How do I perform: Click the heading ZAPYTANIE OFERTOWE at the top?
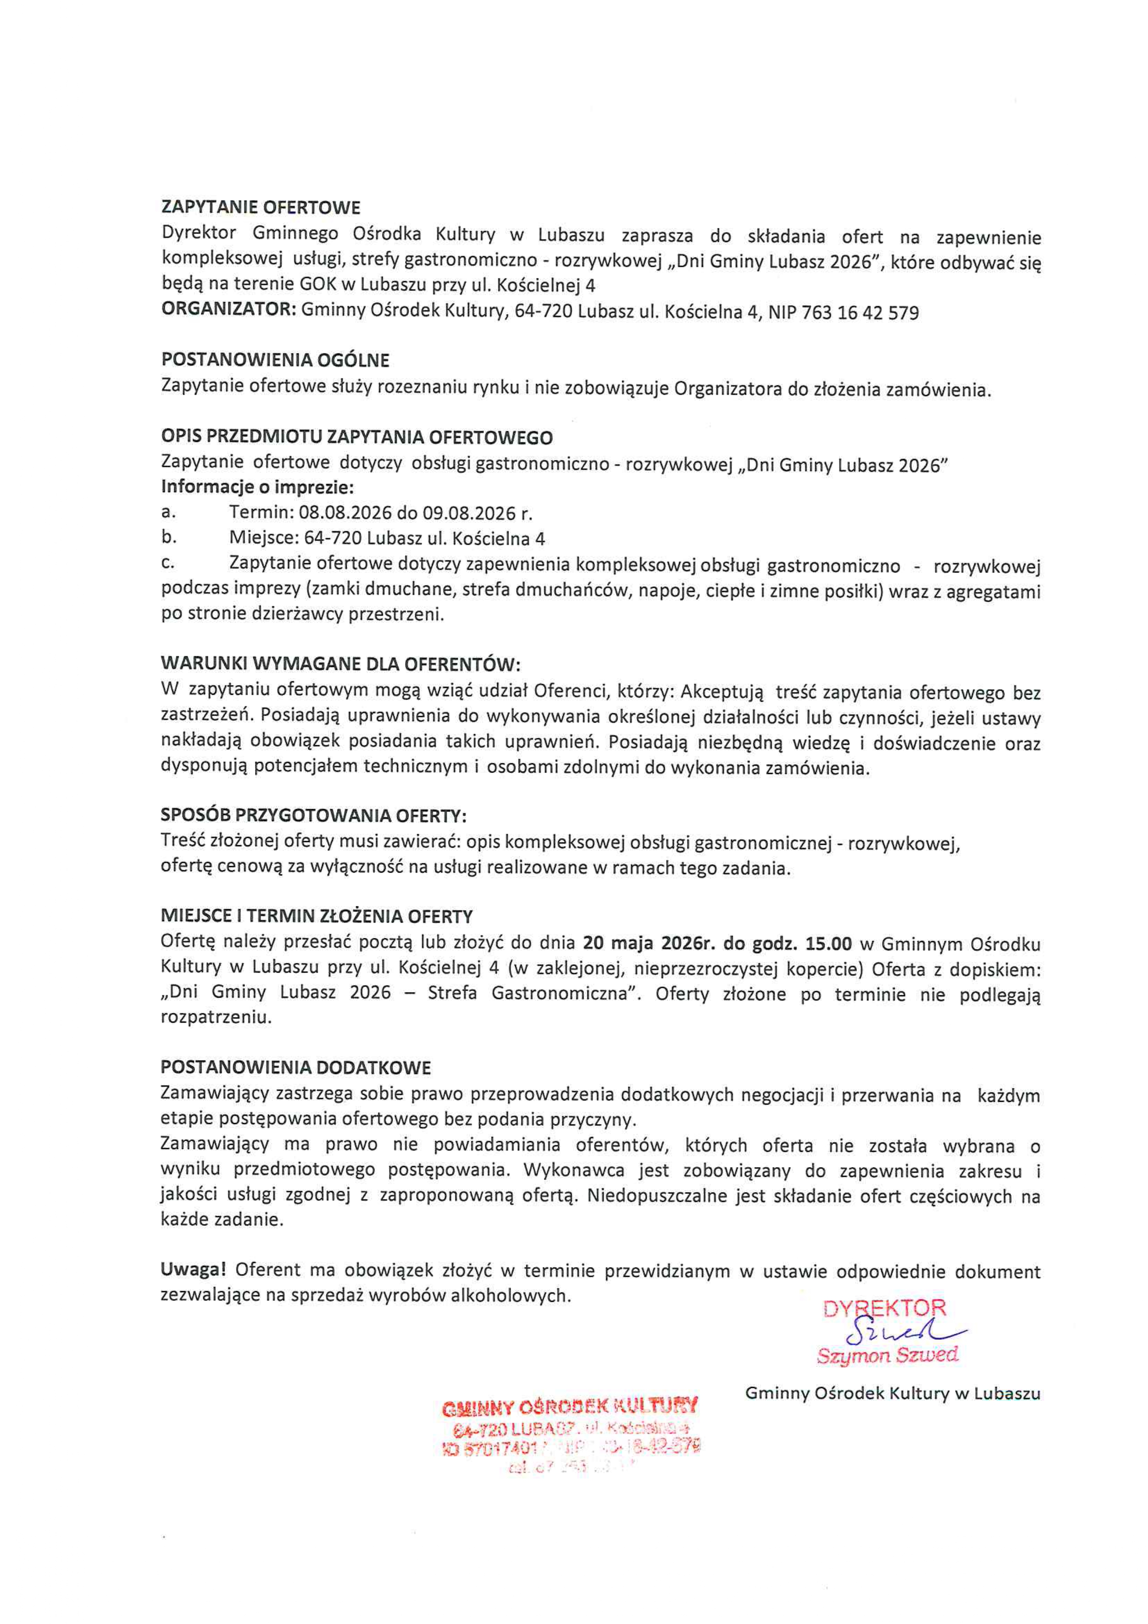pyautogui.click(x=261, y=207)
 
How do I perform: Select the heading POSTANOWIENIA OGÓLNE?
pyautogui.click(x=275, y=360)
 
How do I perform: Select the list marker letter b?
pyautogui.click(x=168, y=537)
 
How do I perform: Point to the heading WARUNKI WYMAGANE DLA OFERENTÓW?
pyautogui.click(x=341, y=664)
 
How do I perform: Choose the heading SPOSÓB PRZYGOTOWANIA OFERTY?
pyautogui.click(x=313, y=816)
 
